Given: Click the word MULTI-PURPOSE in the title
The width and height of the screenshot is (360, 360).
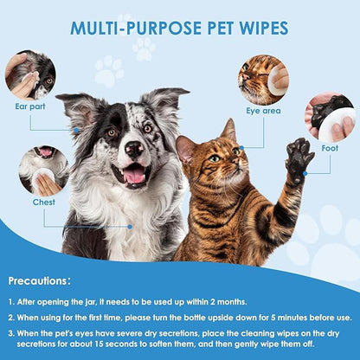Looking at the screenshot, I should pos(130,29).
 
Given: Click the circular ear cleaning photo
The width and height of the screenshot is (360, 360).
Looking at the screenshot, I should pos(29,74).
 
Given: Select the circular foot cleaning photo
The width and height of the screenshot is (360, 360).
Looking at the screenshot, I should pos(331,118).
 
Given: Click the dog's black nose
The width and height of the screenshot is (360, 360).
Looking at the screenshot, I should pos(134,148).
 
